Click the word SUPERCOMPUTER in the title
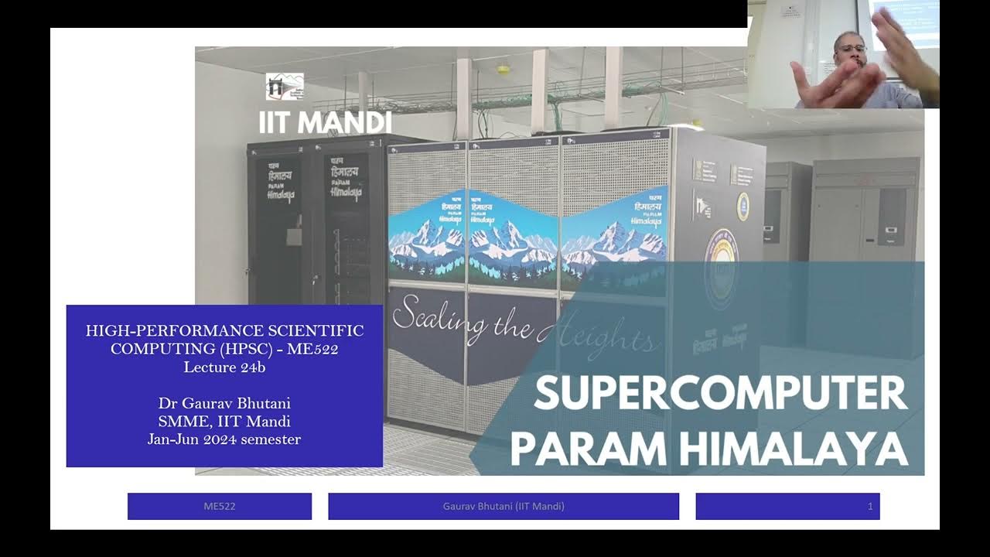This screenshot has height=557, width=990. click(719, 394)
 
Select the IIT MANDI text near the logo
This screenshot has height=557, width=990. click(325, 122)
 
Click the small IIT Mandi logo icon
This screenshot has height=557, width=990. click(284, 87)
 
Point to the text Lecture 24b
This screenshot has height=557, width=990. click(224, 367)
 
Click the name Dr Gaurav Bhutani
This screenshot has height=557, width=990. click(224, 404)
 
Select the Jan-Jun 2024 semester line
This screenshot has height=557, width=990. click(224, 439)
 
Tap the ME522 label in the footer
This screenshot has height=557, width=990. click(220, 506)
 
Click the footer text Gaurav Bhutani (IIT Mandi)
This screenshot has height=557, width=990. click(504, 506)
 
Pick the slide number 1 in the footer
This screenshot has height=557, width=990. click(870, 506)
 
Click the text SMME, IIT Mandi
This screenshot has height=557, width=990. click(224, 422)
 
